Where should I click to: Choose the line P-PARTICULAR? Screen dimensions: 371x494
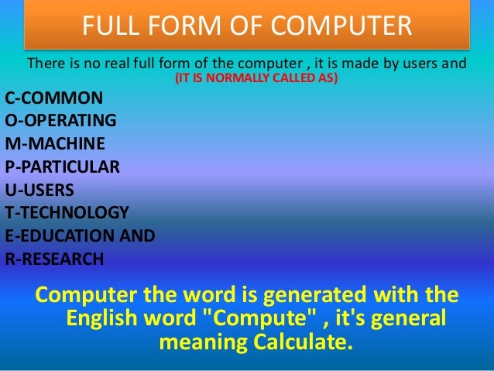tap(62, 167)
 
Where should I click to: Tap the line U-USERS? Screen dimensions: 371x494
tap(40, 190)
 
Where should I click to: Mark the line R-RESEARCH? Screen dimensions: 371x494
tap(54, 259)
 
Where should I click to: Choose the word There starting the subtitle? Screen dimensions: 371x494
tap(44, 63)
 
